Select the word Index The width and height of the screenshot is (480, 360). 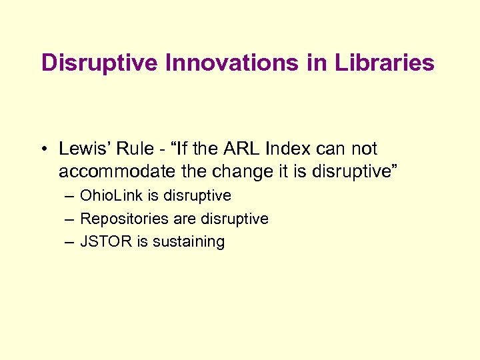296,149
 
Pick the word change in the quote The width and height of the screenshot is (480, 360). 234,171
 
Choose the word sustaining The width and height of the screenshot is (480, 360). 189,241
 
